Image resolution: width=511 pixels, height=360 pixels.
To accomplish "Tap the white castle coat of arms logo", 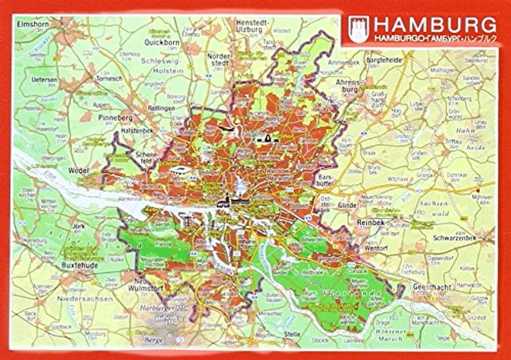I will coord(359,29).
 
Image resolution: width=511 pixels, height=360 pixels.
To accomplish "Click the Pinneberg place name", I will coord(115,118).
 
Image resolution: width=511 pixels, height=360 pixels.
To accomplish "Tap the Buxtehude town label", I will coord(80,265).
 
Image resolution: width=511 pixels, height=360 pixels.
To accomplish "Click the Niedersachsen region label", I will coord(85,299).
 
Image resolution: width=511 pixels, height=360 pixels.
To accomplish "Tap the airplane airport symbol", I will coord(229,130).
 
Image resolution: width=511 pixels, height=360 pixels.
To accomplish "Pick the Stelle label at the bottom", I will coord(292,334).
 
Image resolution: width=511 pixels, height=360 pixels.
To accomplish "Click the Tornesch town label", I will coord(109,78).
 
